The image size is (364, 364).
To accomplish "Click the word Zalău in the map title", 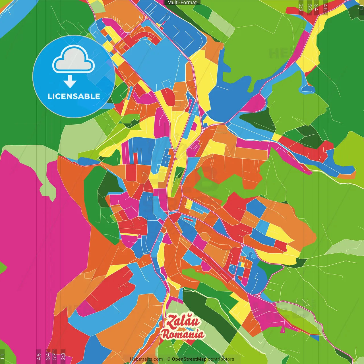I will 183,321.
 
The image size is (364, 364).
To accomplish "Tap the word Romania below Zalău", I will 183,334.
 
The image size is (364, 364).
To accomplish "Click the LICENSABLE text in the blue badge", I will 74,96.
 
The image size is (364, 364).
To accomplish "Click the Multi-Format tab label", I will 182,3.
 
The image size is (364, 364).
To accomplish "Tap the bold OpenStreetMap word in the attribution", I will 189,359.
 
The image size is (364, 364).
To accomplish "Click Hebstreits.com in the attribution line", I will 146,359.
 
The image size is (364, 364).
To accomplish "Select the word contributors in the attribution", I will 221,359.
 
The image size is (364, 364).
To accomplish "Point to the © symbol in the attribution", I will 168,359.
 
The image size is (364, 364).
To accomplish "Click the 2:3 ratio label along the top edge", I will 301,7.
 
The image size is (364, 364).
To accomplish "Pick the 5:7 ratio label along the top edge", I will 309,7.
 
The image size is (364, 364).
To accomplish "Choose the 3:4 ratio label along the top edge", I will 316,7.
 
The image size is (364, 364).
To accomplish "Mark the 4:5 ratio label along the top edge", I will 325,7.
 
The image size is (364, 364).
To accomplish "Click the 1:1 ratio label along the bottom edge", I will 2,356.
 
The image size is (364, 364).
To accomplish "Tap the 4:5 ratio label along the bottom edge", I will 39,356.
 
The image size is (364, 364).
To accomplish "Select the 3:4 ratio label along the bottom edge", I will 48,356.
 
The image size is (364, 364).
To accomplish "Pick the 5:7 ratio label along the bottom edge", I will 54,356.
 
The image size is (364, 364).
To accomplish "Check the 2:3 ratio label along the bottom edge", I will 63,356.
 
